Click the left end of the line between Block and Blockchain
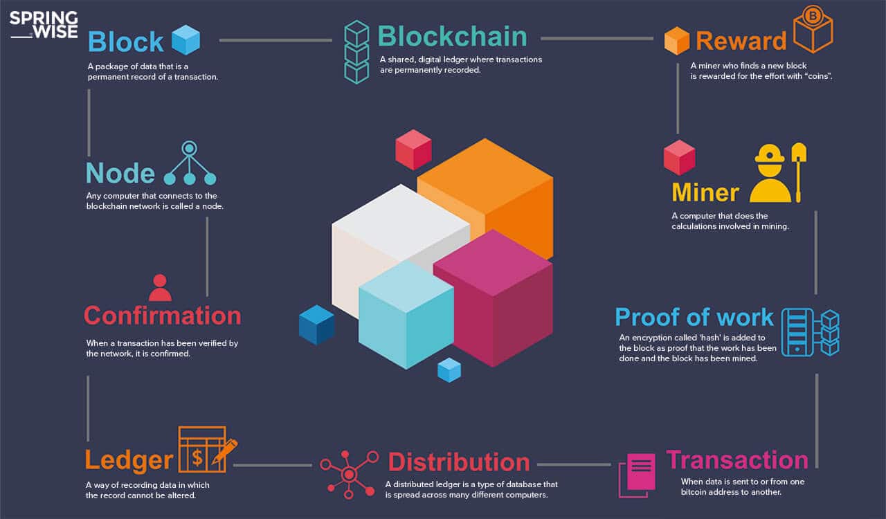(x=220, y=40)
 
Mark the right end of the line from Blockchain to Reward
(x=653, y=38)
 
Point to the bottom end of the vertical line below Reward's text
(x=678, y=134)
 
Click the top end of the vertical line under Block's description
(x=89, y=90)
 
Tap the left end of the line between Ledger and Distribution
(x=234, y=465)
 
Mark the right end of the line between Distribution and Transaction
(x=611, y=464)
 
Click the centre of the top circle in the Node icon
(x=190, y=148)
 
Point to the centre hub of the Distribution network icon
(x=349, y=473)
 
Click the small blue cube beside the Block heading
(x=186, y=39)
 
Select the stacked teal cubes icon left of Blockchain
(x=356, y=52)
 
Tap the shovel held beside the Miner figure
(x=799, y=172)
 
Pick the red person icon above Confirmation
(x=160, y=288)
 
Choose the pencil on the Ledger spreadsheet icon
(x=224, y=451)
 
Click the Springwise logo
(x=44, y=24)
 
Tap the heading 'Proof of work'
(x=694, y=317)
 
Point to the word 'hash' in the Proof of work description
(x=707, y=338)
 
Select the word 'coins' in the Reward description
(x=818, y=76)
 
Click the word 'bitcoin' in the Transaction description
(x=694, y=492)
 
